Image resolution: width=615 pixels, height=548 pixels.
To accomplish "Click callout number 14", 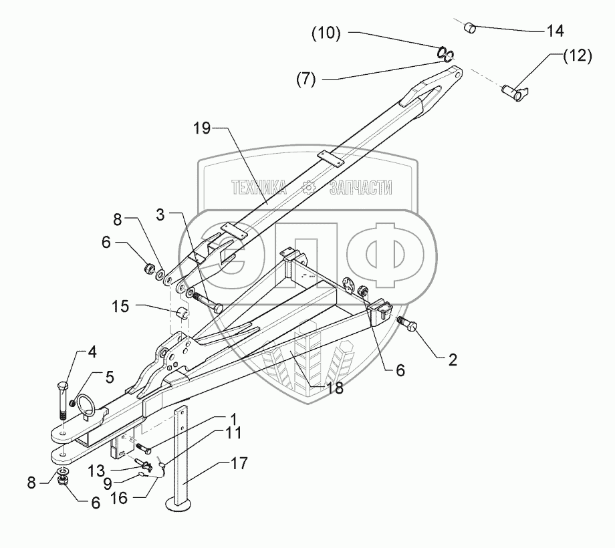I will [555, 31].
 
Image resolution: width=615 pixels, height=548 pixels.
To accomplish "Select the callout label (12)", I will [576, 57].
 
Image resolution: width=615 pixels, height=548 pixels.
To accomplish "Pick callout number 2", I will [453, 360].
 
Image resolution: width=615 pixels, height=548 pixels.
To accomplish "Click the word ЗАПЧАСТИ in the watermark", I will [360, 188].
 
